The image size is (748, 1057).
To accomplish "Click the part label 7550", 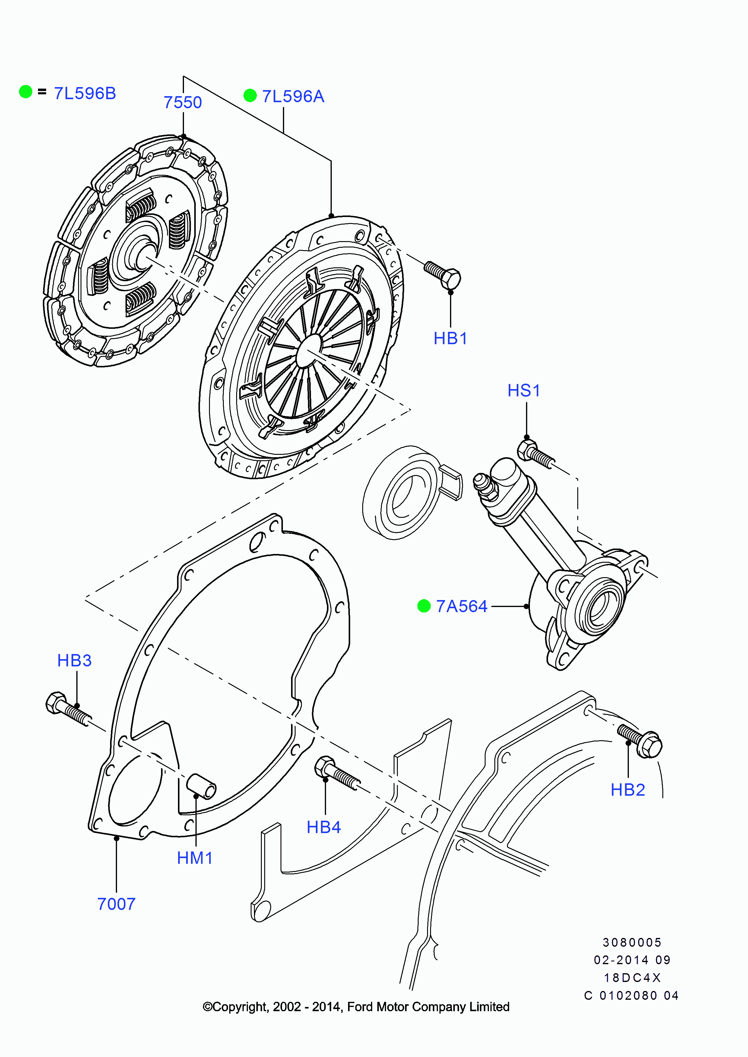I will (182, 102).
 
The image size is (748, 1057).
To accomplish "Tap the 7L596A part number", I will (293, 96).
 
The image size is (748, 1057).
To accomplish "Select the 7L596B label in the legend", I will (85, 93).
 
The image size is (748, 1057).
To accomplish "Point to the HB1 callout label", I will (450, 338).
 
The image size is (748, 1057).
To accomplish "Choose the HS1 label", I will (523, 390).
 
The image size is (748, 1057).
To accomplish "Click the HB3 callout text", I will (74, 660).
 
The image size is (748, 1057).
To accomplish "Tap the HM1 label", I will (195, 858).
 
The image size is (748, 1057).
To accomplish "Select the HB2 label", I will (627, 790).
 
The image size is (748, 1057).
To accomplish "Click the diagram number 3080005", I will (632, 942).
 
